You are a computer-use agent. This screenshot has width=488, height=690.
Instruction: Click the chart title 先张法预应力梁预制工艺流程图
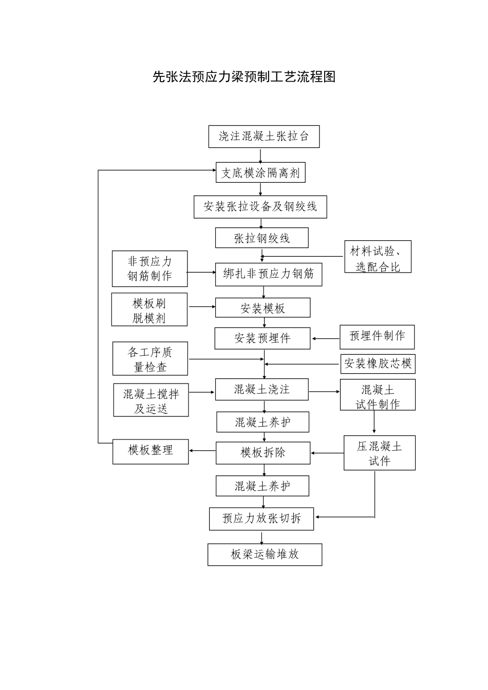tap(244, 77)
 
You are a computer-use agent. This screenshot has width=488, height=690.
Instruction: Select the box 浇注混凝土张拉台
tap(264, 137)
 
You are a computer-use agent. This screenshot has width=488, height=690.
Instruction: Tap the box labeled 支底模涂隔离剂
tap(260, 172)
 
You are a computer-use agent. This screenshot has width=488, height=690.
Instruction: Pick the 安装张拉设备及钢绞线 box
tap(260, 207)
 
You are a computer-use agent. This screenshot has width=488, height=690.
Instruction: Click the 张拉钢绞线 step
tap(261, 238)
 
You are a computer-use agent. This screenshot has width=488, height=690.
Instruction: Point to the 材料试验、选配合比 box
tap(378, 257)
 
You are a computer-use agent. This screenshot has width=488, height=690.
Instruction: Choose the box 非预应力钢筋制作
tap(149, 269)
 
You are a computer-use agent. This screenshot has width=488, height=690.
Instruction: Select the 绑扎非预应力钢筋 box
tap(268, 274)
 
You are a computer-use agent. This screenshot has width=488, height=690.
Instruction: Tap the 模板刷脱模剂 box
tap(149, 310)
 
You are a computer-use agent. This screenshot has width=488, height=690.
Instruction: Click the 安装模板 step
tap(262, 308)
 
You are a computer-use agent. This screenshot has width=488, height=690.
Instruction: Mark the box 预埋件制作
tap(377, 337)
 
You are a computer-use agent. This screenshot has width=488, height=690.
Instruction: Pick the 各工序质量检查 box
tap(150, 359)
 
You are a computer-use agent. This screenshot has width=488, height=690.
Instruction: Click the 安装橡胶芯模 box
tap(378, 364)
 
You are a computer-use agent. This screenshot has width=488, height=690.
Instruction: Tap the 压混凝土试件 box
tap(379, 453)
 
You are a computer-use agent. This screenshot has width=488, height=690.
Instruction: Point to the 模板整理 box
tap(151, 451)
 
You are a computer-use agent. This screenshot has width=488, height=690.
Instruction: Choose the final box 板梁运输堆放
tap(265, 555)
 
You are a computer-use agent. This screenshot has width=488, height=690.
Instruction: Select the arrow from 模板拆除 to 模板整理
tap(202, 451)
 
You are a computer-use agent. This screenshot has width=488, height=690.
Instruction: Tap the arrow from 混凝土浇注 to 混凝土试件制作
tap(324, 392)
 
